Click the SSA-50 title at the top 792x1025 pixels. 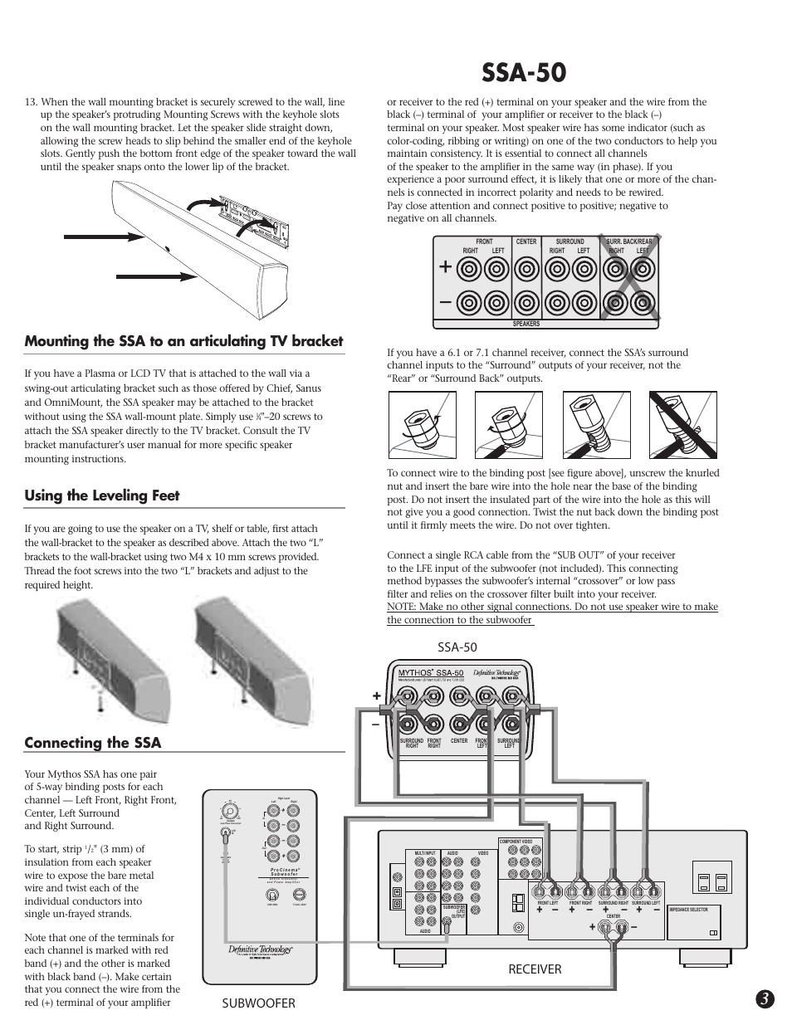click(523, 72)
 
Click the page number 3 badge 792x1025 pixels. click(765, 1000)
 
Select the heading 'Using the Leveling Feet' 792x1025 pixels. click(102, 495)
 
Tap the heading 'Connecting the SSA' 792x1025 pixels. click(92, 742)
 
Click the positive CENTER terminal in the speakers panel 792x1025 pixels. click(526, 268)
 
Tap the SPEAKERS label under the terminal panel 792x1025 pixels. click(526, 325)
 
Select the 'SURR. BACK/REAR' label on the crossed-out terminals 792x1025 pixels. click(628, 242)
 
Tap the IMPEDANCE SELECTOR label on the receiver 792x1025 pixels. click(688, 910)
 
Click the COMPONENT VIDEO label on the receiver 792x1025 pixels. click(521, 842)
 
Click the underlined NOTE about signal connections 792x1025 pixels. click(552, 613)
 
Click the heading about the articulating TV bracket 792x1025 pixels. click(183, 341)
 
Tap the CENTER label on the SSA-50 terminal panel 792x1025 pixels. click(459, 740)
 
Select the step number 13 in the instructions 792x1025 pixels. click(31, 102)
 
